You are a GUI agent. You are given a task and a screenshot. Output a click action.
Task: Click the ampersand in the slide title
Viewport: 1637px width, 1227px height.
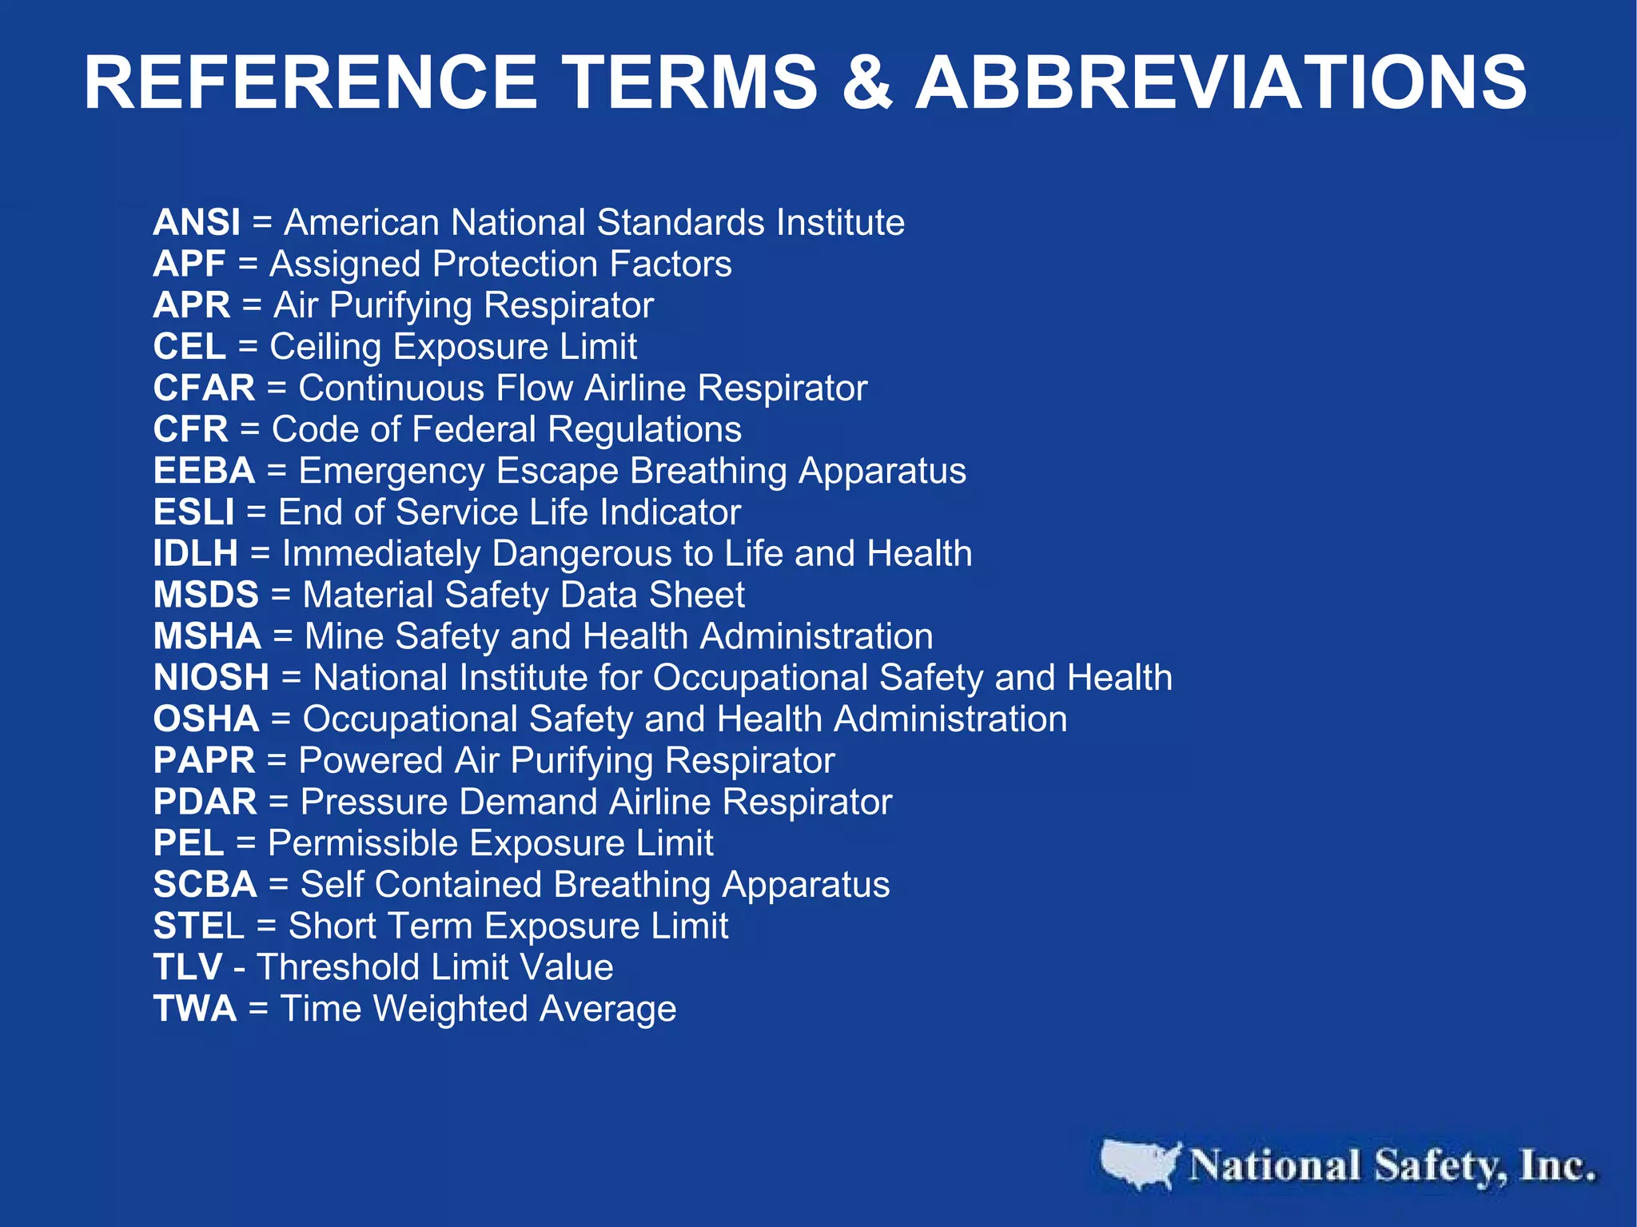866,82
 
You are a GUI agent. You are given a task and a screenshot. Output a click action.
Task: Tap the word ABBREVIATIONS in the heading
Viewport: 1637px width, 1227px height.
1221,82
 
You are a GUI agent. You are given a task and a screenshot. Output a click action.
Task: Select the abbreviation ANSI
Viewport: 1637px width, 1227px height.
197,222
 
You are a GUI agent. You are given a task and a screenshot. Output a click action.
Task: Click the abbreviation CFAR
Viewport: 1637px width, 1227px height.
204,388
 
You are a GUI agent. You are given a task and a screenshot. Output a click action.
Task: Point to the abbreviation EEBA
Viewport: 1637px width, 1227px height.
204,471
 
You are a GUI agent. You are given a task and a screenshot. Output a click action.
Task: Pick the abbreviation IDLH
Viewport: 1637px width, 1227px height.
196,554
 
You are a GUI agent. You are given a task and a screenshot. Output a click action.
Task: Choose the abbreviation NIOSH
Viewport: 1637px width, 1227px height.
211,678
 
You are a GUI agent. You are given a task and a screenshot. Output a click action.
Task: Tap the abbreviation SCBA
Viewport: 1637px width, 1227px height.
205,885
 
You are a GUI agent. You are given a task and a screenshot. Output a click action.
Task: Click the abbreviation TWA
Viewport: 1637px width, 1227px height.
195,1009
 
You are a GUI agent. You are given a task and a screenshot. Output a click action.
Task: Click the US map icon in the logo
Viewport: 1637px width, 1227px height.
1140,1163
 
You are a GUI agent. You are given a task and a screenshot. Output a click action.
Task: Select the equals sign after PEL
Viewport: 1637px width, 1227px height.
245,844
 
